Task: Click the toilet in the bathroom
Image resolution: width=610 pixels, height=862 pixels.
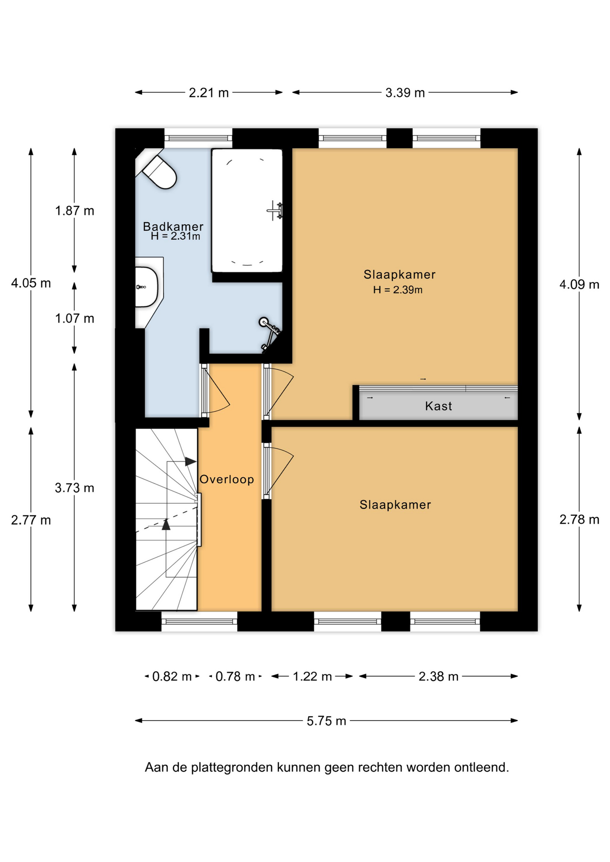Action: coord(159,171)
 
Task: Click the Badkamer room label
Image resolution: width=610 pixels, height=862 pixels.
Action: coord(173,227)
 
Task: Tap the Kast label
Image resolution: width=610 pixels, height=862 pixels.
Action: coord(438,406)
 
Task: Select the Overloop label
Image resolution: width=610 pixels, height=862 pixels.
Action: coord(227,479)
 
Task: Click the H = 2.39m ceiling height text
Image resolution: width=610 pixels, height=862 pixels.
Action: coord(398,290)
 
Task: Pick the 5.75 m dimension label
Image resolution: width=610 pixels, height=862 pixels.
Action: coord(327,721)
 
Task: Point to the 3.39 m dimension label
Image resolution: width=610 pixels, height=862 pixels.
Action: coord(405,93)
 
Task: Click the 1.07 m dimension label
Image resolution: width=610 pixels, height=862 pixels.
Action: coord(75,319)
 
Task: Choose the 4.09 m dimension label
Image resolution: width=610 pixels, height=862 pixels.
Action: coord(579,285)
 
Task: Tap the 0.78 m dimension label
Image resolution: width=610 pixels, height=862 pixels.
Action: coord(235,677)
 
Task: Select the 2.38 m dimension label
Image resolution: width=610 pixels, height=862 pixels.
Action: coord(438,677)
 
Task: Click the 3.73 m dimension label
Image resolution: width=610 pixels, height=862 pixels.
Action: coord(75,488)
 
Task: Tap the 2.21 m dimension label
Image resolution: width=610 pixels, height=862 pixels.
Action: coord(209,93)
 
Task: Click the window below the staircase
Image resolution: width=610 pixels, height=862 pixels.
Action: coord(199,621)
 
